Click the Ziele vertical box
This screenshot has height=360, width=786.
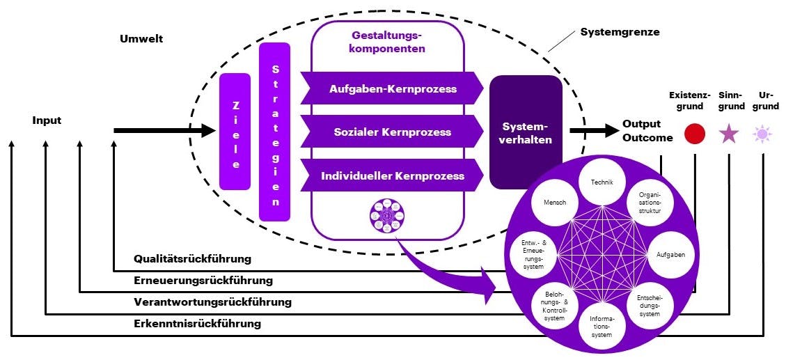[x=235, y=132]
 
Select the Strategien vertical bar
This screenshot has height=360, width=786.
[x=274, y=132]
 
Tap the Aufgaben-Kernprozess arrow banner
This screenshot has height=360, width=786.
[x=393, y=88]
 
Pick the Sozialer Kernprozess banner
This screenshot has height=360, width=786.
[x=393, y=132]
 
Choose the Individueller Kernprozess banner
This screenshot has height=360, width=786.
[x=393, y=175]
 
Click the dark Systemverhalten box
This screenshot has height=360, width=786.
[x=526, y=132]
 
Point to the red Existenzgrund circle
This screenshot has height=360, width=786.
[x=694, y=134]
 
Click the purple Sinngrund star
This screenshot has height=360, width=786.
[x=728, y=133]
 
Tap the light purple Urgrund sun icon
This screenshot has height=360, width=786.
[x=762, y=134]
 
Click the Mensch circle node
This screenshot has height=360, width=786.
[x=554, y=203]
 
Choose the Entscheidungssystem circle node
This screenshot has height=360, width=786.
[x=650, y=305]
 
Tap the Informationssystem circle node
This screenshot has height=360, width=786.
[x=602, y=325]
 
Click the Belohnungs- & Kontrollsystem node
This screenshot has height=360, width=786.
[x=554, y=305]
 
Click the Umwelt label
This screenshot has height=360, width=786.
[x=141, y=38]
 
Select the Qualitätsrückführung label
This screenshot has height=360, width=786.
[x=192, y=259]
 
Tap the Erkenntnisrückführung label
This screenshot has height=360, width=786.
[x=197, y=323]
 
